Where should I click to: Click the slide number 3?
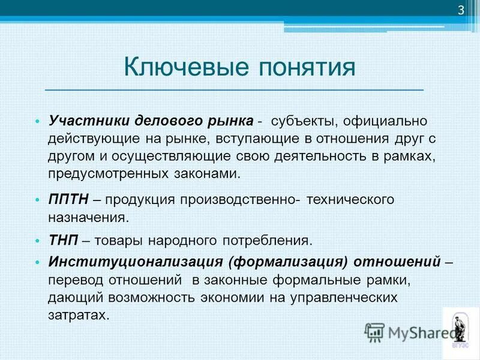pos(461,10)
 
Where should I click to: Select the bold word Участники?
pos(83,121)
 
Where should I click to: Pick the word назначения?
pos(88,218)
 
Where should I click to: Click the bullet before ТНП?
pos(37,241)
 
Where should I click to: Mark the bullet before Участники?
pos(37,121)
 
